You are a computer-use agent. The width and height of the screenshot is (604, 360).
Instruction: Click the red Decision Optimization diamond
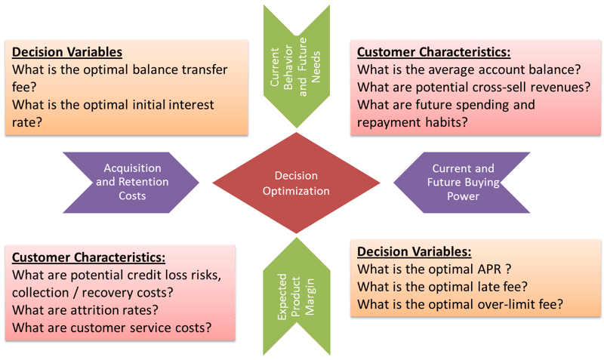(x=296, y=183)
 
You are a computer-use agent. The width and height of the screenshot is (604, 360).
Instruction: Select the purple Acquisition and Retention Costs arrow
(x=131, y=183)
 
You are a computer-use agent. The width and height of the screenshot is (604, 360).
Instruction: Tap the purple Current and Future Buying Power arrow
(x=462, y=183)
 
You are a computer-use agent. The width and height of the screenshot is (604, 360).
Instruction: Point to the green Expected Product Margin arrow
(x=297, y=297)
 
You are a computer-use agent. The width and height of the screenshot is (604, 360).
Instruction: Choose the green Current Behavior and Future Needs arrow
(x=297, y=66)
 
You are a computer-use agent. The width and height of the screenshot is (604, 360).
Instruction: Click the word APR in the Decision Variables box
(x=489, y=269)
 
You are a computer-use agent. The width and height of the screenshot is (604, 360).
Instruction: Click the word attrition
(x=91, y=310)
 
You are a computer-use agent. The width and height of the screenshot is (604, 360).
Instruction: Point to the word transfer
(x=204, y=69)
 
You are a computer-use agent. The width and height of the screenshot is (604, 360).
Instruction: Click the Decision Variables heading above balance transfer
(x=67, y=52)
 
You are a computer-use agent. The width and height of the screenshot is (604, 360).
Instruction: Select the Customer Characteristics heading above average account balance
(x=433, y=52)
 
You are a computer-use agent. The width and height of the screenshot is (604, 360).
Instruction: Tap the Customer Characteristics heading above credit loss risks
(x=88, y=257)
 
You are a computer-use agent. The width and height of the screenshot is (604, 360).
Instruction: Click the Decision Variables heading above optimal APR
(x=414, y=251)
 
